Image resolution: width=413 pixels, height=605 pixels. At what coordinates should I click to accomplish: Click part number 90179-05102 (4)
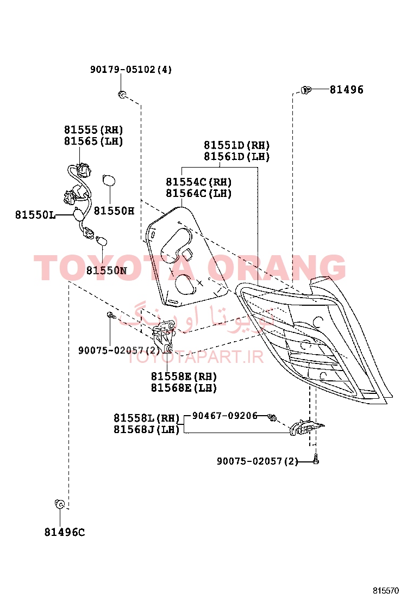click(x=131, y=70)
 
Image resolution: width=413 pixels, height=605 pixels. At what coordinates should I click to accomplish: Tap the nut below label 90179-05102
click(x=122, y=94)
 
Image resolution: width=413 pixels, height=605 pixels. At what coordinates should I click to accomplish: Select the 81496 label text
click(x=346, y=90)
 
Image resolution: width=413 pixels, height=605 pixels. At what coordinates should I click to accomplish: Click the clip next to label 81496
click(x=305, y=90)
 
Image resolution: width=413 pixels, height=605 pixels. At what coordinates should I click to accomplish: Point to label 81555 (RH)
click(x=93, y=129)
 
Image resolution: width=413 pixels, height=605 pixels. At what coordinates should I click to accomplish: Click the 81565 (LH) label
click(x=93, y=141)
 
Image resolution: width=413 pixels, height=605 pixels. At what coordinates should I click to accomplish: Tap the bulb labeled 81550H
click(x=109, y=181)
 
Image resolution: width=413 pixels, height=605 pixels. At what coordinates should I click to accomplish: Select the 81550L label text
click(x=35, y=214)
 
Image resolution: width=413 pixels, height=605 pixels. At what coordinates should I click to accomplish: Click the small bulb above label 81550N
click(x=103, y=242)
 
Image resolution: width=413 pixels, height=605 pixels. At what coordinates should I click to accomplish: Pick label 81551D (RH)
click(x=237, y=145)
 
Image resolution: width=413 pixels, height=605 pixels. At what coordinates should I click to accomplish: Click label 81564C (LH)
click(x=199, y=193)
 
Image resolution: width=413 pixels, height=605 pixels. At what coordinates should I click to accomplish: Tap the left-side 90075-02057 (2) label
click(x=119, y=350)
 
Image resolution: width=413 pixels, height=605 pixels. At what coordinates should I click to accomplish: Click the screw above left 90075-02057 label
click(x=111, y=315)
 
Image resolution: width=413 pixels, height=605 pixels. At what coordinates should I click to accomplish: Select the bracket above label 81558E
click(x=163, y=336)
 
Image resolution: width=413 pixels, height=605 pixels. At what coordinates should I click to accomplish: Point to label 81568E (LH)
click(x=184, y=388)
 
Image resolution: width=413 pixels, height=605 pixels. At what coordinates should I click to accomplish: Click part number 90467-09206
click(x=224, y=416)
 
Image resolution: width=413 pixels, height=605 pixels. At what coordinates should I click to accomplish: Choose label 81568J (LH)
click(x=147, y=429)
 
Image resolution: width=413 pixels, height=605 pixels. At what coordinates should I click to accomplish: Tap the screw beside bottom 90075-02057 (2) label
click(x=316, y=459)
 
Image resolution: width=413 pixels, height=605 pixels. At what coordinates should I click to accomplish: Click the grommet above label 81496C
click(x=59, y=504)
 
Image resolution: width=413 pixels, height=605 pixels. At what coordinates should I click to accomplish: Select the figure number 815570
click(x=386, y=591)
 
